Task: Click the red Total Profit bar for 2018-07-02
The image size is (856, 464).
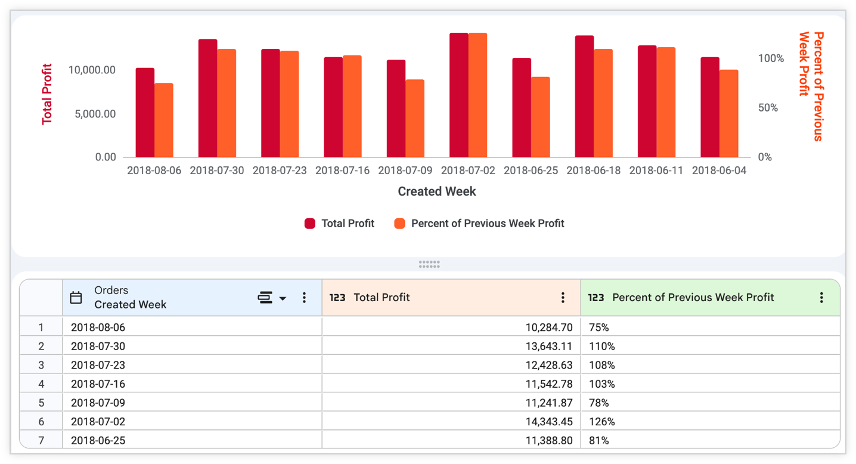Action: pyautogui.click(x=458, y=95)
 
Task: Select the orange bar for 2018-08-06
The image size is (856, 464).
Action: pyautogui.click(x=164, y=120)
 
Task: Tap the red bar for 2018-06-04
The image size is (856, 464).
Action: pyautogui.click(x=710, y=107)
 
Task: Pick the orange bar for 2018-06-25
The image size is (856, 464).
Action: pyautogui.click(x=540, y=117)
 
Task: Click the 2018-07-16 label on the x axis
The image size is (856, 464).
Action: pyautogui.click(x=342, y=171)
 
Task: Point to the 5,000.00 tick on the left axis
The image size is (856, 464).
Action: pyautogui.click(x=95, y=114)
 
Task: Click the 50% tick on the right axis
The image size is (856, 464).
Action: pyautogui.click(x=768, y=108)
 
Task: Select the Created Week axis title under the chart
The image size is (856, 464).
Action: pyautogui.click(x=437, y=191)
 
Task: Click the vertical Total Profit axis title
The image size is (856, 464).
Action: pyautogui.click(x=46, y=94)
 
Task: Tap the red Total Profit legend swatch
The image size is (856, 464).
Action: pyautogui.click(x=310, y=224)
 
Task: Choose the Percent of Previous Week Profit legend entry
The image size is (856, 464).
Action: pyautogui.click(x=479, y=224)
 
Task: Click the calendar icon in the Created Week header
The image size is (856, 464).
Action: pyautogui.click(x=76, y=298)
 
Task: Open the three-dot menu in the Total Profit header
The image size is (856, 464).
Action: pyautogui.click(x=563, y=298)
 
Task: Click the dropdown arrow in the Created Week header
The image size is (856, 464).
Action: pyautogui.click(x=283, y=298)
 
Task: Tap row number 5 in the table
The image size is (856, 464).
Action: pyautogui.click(x=41, y=403)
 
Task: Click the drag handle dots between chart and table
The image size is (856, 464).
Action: pyautogui.click(x=429, y=264)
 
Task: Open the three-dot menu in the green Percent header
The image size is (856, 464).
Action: pyautogui.click(x=821, y=298)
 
